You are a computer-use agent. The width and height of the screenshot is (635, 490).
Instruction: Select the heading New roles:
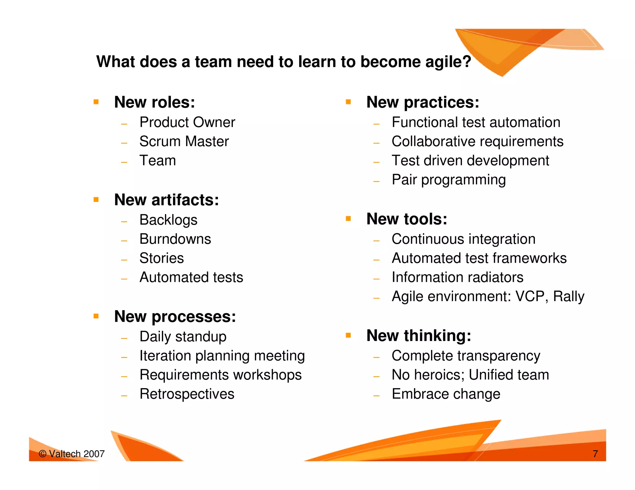click(x=154, y=102)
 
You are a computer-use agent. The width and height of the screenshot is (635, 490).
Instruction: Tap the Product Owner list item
click(x=187, y=122)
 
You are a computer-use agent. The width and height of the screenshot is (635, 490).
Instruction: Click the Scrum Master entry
click(x=184, y=142)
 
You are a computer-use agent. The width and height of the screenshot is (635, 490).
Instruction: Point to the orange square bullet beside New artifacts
click(x=96, y=199)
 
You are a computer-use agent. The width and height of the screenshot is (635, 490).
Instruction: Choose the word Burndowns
click(x=175, y=239)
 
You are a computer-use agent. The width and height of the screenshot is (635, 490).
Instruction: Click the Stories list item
click(x=162, y=258)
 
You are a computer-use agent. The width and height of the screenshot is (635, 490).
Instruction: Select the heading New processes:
click(x=175, y=317)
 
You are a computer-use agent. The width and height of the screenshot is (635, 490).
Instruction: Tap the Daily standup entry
click(x=183, y=337)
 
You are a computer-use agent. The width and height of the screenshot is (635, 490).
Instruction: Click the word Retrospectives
click(x=187, y=394)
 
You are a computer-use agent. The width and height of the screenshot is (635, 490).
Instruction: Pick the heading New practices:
click(x=423, y=102)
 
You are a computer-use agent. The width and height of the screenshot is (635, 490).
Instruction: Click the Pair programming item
click(x=448, y=180)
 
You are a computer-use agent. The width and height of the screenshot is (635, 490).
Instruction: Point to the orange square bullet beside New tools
click(x=348, y=219)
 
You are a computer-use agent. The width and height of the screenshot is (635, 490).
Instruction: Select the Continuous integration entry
click(x=463, y=239)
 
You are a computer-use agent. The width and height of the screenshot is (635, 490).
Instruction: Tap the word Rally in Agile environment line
click(x=569, y=296)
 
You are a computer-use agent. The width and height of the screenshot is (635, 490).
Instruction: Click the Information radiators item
click(x=457, y=277)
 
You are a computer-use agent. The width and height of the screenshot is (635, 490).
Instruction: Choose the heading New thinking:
click(x=419, y=336)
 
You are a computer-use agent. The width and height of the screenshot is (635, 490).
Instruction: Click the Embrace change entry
click(x=446, y=394)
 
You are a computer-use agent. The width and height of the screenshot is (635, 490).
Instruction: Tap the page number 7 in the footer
click(x=595, y=454)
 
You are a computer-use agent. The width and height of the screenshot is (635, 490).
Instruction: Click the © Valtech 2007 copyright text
click(x=72, y=454)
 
